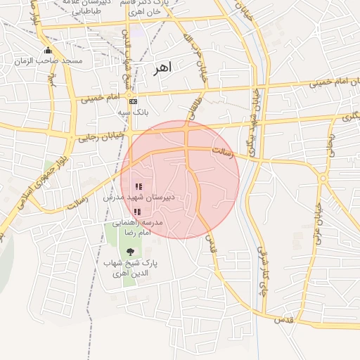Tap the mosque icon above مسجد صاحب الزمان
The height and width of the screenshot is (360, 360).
pyautogui.click(x=48, y=50)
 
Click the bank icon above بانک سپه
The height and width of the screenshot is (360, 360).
pyautogui.click(x=133, y=101)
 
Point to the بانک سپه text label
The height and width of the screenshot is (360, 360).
pyautogui.click(x=132, y=112)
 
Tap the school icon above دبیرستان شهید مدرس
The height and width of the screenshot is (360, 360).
pyautogui.click(x=139, y=187)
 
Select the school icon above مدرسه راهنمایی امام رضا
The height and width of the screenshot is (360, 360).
pyautogui.click(x=137, y=211)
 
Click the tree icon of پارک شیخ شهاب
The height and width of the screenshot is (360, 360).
pyautogui.click(x=130, y=251)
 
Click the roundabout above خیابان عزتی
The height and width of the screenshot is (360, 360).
pyautogui.click(x=322, y=178)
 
